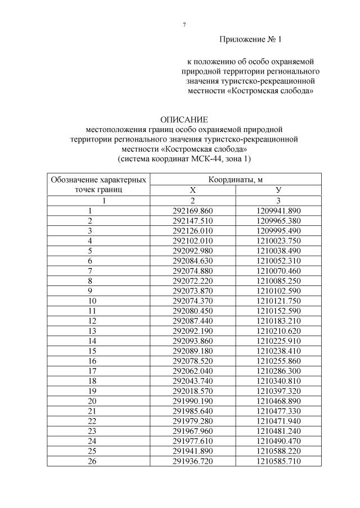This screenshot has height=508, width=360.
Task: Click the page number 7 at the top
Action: pyautogui.click(x=184, y=25)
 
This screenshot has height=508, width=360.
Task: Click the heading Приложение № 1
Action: pyautogui.click(x=250, y=40)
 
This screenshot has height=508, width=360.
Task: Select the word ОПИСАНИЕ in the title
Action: pyautogui.click(x=184, y=120)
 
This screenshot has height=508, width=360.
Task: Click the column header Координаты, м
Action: pyautogui.click(x=236, y=180)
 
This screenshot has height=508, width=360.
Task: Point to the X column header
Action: pyautogui.click(x=193, y=190)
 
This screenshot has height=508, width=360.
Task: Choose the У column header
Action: pyautogui.click(x=278, y=190)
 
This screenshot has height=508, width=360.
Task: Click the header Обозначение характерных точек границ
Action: pyautogui.click(x=99, y=185)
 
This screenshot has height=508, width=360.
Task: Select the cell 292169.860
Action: pyautogui.click(x=193, y=211)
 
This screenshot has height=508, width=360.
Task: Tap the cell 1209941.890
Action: pyautogui.click(x=278, y=211)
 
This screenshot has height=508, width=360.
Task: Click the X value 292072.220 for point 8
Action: pyautogui.click(x=193, y=280)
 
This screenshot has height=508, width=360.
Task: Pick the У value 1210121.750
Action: pyautogui.click(x=278, y=301)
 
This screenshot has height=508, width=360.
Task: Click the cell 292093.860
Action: pyautogui.click(x=193, y=341)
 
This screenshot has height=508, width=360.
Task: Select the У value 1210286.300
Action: pyautogui.click(x=278, y=371)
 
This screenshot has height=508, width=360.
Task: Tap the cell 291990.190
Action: pyautogui.click(x=193, y=401)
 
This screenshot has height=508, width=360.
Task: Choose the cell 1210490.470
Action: pyautogui.click(x=278, y=441)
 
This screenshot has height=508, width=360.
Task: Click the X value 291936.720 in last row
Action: pyautogui.click(x=193, y=461)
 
